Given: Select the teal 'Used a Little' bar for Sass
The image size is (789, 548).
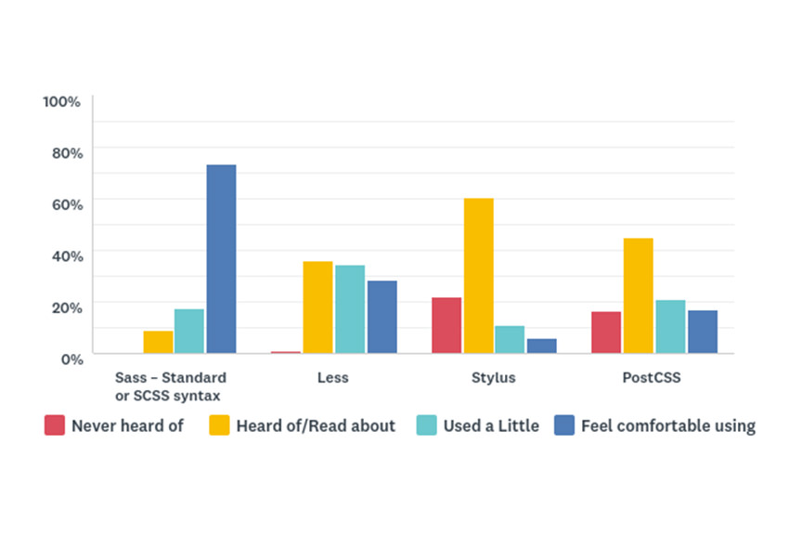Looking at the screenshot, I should [x=189, y=331].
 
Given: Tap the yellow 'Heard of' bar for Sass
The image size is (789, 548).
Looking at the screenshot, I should [x=158, y=342].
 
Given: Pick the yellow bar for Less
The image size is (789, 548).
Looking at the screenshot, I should [x=317, y=307].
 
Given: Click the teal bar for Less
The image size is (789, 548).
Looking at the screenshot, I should [x=350, y=308].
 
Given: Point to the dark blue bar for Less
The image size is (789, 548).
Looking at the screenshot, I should [x=382, y=317].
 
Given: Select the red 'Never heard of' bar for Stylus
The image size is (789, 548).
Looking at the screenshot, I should [x=446, y=325].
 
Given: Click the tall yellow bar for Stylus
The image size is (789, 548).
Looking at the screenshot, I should [x=478, y=275].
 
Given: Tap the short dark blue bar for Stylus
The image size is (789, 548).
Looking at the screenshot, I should [x=541, y=346].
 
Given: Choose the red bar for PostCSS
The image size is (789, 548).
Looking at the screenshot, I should [x=606, y=332].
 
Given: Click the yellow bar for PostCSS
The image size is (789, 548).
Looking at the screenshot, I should [x=639, y=295].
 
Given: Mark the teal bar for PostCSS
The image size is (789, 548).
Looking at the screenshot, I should [x=670, y=326].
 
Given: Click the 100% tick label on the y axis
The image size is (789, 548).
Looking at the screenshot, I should [x=62, y=100].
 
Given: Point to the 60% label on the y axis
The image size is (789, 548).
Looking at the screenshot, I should [x=66, y=203].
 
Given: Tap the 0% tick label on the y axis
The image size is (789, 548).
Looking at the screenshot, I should [x=71, y=358].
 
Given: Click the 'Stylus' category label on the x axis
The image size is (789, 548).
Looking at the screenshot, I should [x=493, y=378].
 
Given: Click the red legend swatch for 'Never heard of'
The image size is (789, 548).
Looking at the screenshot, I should [x=54, y=425].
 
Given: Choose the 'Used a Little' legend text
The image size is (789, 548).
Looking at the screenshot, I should [x=490, y=426].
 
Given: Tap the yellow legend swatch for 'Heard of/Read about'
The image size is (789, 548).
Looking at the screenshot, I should [x=219, y=425].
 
